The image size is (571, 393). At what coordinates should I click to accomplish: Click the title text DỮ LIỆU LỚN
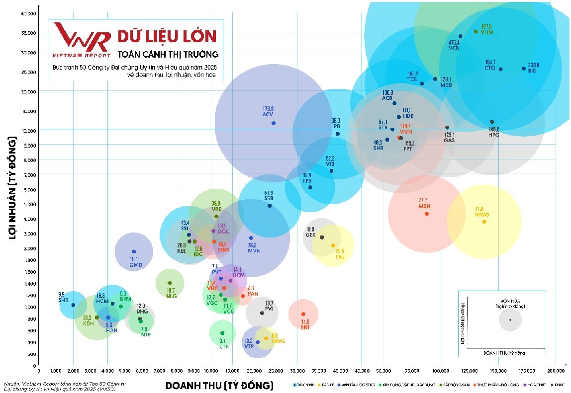coord(167,36)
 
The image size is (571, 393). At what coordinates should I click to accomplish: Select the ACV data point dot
coord(274,123)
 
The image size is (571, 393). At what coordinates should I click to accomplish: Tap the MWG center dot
coord(484,222)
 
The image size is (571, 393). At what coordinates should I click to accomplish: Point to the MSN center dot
coord(426,214)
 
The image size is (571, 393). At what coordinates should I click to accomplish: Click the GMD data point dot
coord(133,251)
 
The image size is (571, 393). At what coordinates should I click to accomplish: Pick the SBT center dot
coord(303,314)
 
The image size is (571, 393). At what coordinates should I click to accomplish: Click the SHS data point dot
coord(73,305)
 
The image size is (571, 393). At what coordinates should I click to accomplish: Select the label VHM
coord(486,32)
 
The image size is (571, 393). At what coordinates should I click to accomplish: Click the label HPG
coord(493,134)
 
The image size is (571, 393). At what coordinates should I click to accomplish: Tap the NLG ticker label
coord(171,296)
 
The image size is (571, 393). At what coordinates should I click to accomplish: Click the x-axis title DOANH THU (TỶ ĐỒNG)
coord(219,385)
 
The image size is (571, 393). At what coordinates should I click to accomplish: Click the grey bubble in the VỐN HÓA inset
coord(510,319)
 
